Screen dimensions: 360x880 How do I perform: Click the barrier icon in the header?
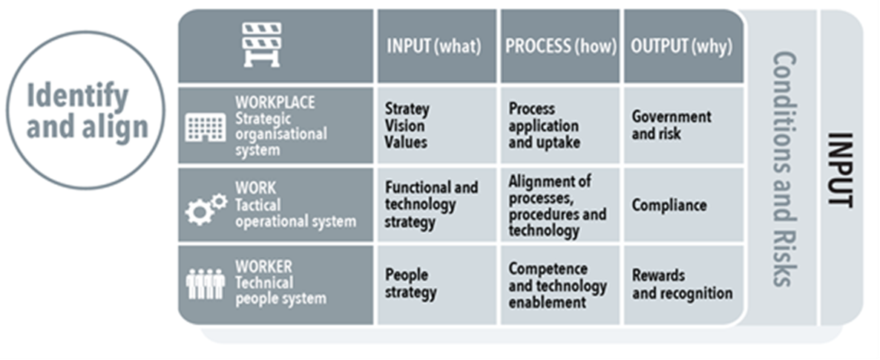[x=263, y=45]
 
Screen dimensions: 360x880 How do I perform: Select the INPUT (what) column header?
[x=434, y=46]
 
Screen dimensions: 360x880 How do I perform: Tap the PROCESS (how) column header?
[x=560, y=46]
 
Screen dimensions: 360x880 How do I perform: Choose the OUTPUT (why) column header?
[x=681, y=46]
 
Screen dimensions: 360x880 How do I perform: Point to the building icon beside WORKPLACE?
[x=205, y=127]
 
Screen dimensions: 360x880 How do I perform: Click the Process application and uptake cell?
[x=560, y=125]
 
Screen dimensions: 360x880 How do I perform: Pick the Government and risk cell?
[x=682, y=125]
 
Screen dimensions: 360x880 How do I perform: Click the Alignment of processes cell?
[x=560, y=205]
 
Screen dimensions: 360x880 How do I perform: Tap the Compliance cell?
[x=682, y=205]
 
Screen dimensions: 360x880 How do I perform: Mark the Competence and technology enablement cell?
[x=560, y=284]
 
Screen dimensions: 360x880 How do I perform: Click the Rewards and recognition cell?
[x=682, y=284]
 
